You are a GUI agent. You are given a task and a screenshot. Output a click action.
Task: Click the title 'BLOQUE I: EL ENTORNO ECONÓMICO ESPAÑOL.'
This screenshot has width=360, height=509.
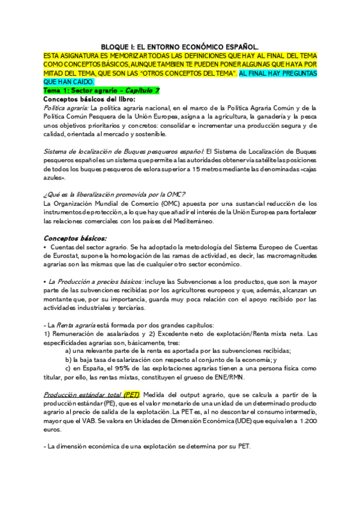click(179, 46)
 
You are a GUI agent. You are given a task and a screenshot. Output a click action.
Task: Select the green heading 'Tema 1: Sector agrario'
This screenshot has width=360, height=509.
click(76, 90)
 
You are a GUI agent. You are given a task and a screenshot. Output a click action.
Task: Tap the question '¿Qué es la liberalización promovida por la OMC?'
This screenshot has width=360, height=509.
click(115, 193)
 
